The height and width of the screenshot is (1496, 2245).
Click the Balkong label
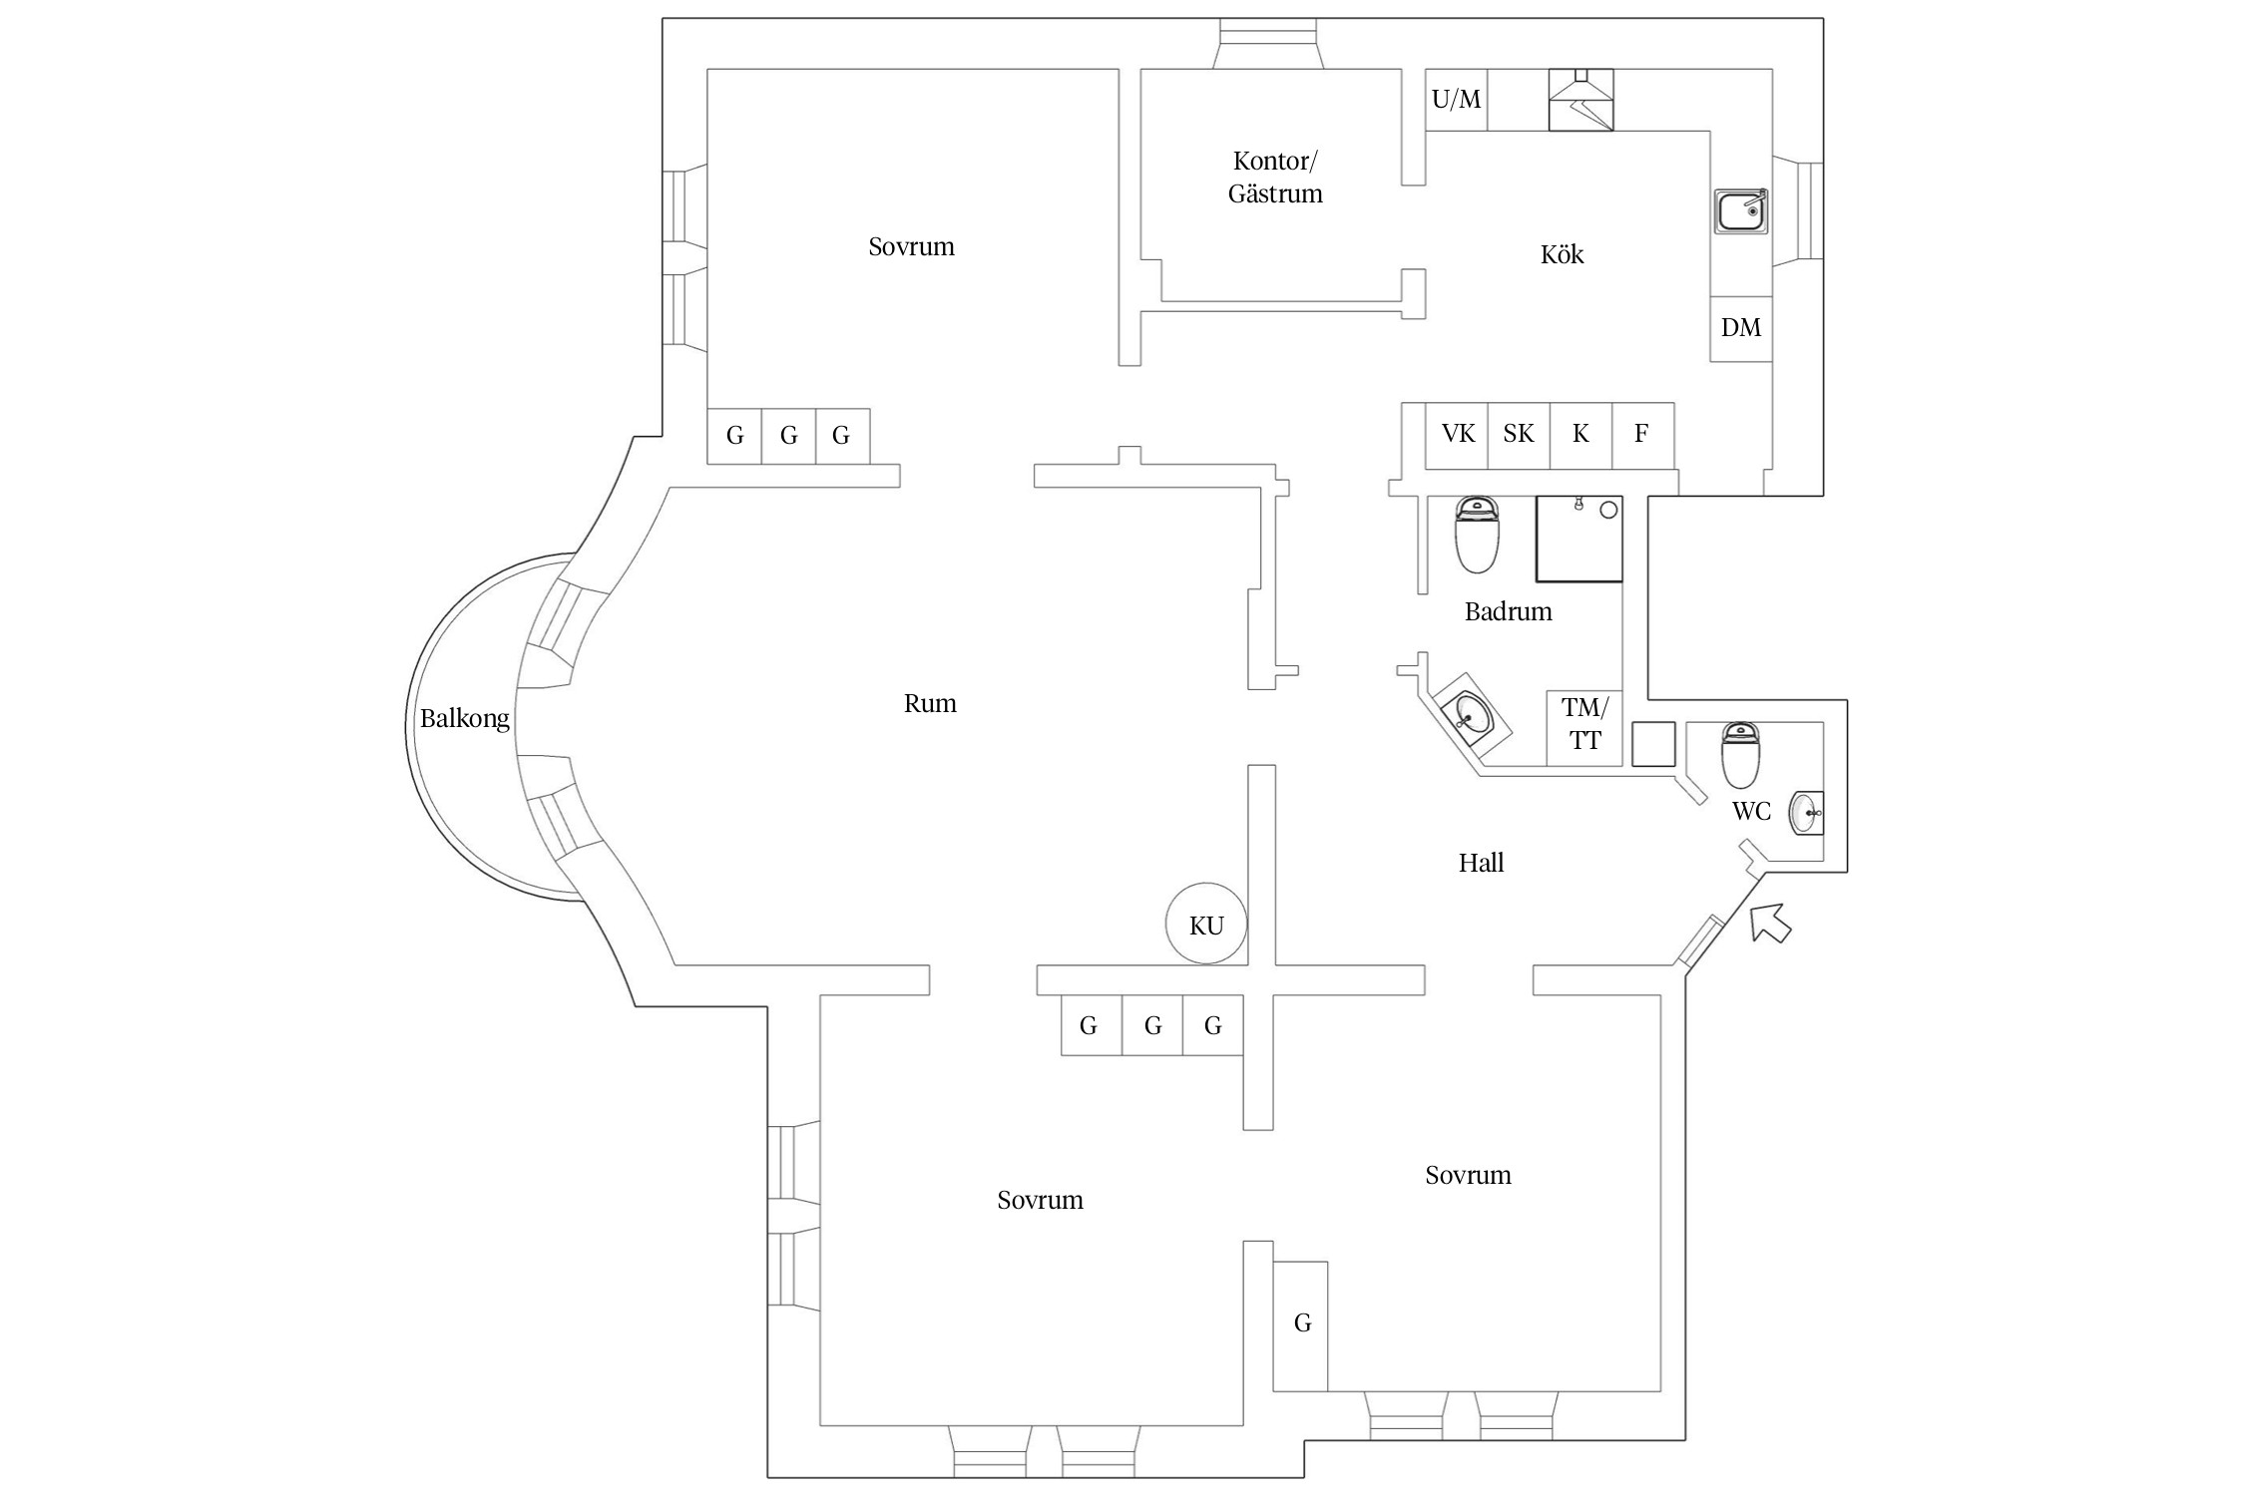[x=464, y=718]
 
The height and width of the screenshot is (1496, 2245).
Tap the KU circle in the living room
[x=1206, y=924]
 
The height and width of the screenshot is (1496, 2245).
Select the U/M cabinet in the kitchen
[x=1456, y=100]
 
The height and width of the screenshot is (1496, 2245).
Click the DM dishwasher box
[x=1741, y=328]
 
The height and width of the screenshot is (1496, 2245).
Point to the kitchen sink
[x=1741, y=211]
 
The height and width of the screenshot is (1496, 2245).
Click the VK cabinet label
[x=1458, y=434]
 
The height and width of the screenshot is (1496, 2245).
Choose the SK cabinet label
[x=1519, y=434]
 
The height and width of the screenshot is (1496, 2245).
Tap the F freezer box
[x=1641, y=434]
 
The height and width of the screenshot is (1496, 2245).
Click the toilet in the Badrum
[x=1477, y=536]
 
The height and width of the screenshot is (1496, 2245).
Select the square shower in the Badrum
[x=1578, y=539]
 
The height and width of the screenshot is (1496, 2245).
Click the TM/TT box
[x=1584, y=726]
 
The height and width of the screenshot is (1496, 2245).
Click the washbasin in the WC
[x=1806, y=813]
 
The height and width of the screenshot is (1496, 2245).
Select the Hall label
[x=1481, y=863]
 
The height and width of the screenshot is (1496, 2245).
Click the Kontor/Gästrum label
[x=1274, y=177]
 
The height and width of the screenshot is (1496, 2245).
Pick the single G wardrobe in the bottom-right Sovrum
[x=1301, y=1324]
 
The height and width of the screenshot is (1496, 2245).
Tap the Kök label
[x=1562, y=255]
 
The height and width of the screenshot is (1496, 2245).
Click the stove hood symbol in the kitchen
[x=1580, y=100]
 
